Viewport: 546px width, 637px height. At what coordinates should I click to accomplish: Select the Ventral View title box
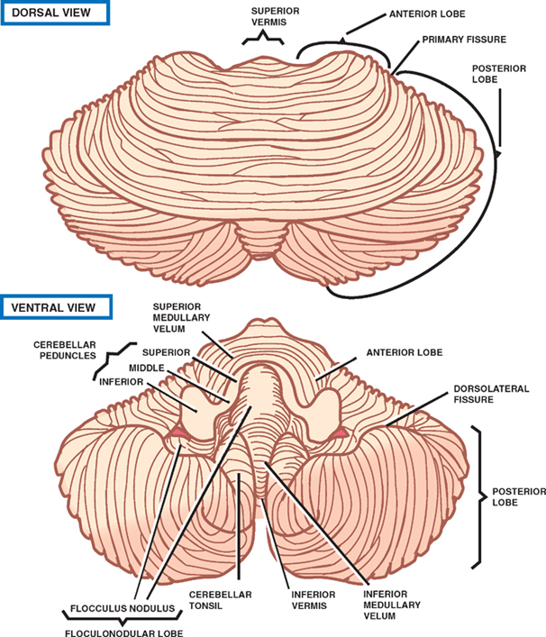(56, 306)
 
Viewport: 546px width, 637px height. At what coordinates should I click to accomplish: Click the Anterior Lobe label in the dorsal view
(433, 15)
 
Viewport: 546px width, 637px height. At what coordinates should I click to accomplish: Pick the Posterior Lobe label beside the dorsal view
(499, 74)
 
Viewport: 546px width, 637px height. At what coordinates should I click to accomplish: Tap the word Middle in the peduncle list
(146, 369)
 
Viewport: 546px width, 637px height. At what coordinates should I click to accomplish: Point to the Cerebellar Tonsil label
(221, 600)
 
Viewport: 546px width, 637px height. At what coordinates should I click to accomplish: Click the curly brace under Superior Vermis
(261, 38)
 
